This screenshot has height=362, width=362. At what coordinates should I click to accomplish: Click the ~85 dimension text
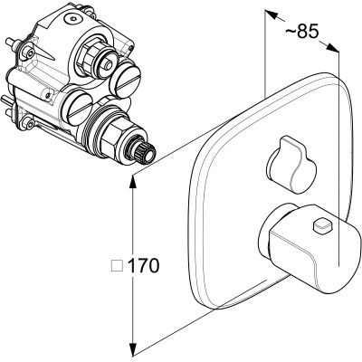click(x=301, y=32)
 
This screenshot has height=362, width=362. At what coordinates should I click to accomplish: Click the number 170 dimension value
click(x=143, y=266)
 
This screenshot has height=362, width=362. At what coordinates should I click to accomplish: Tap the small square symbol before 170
click(x=118, y=266)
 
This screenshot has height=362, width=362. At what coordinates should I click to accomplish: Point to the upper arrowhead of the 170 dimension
click(x=132, y=184)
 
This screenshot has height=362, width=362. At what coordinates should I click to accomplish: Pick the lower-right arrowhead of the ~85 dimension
click(x=333, y=49)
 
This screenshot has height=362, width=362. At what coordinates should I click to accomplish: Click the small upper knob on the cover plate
click(x=291, y=165)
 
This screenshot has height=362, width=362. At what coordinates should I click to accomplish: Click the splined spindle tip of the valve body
click(x=147, y=153)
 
